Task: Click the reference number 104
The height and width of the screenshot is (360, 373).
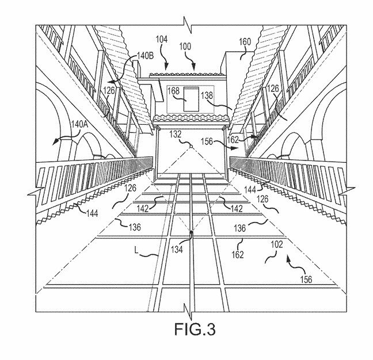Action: (162, 39)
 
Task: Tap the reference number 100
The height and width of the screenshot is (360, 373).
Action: (185, 47)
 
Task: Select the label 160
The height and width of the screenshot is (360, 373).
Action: (245, 42)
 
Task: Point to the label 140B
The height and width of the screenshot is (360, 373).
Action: (146, 56)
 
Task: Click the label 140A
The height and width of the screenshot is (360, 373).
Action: (79, 124)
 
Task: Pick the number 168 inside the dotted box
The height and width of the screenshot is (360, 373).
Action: (174, 91)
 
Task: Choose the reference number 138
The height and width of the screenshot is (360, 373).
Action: (207, 95)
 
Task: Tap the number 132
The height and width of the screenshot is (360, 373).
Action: (176, 135)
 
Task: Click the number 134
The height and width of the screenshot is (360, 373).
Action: (177, 250)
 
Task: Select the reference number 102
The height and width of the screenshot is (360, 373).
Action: (277, 244)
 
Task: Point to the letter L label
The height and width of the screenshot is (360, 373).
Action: (136, 250)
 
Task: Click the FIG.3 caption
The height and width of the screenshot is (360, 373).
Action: (195, 329)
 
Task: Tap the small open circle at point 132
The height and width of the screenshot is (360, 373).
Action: (191, 147)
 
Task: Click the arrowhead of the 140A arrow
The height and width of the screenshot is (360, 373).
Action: (55, 143)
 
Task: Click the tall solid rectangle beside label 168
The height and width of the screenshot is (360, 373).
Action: (191, 99)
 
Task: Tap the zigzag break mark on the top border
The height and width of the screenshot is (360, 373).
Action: (188, 25)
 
